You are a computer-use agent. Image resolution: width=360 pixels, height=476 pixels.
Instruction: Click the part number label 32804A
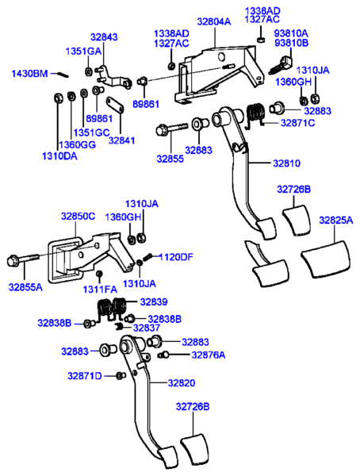pos(213,22)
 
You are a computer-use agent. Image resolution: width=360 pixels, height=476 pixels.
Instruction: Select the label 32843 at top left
pos(103,36)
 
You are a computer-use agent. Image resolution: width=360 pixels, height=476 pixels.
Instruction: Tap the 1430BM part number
pos(29,73)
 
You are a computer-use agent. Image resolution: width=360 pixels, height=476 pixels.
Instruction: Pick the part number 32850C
pos(78,215)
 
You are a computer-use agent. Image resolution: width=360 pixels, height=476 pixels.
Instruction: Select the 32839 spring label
pos(154,301)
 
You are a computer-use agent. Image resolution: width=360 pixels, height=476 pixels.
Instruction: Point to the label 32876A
pos(207,355)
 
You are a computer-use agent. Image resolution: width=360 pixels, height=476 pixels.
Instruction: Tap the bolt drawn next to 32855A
pos(23,259)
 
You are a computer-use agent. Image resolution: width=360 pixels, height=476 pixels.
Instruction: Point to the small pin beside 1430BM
pos(65,74)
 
